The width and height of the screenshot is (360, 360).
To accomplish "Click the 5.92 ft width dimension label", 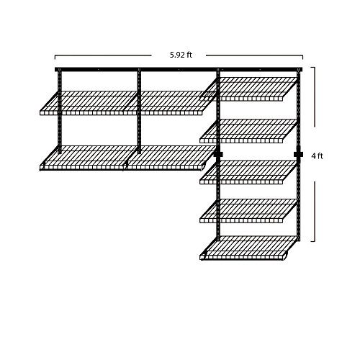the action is pyautogui.click(x=181, y=55).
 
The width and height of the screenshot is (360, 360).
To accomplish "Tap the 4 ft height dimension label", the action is pyautogui.click(x=317, y=156).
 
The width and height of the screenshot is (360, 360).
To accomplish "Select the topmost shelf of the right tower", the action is pyautogui.click(x=248, y=89).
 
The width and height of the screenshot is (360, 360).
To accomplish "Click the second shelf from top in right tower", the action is pyautogui.click(x=248, y=131).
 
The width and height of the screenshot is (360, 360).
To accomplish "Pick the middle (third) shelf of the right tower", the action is pyautogui.click(x=248, y=172).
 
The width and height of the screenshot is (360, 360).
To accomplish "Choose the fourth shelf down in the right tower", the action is pyautogui.click(x=248, y=211).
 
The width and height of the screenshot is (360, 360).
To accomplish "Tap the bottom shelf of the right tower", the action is pyautogui.click(x=248, y=248).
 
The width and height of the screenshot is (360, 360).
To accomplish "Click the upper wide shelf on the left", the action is pyautogui.click(x=128, y=103).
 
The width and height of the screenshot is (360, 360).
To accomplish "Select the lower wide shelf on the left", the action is pyautogui.click(x=128, y=158).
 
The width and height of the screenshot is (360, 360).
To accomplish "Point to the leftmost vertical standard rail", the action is pyautogui.click(x=60, y=111).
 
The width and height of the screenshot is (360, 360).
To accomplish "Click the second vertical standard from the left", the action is pyautogui.click(x=139, y=111).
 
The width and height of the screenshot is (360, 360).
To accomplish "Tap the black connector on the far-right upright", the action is pyautogui.click(x=298, y=154).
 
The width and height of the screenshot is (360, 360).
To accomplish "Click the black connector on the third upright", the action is pyautogui.click(x=218, y=154).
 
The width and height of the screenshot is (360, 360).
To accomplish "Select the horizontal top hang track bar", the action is pyautogui.click(x=179, y=70).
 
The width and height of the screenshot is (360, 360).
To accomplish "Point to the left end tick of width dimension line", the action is pyautogui.click(x=55, y=57).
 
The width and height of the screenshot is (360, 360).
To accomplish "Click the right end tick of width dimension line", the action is pyautogui.click(x=302, y=57).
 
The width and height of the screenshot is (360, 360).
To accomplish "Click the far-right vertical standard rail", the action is pyautogui.click(x=299, y=155).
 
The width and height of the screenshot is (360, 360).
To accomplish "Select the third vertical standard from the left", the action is pyautogui.click(x=218, y=155).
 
